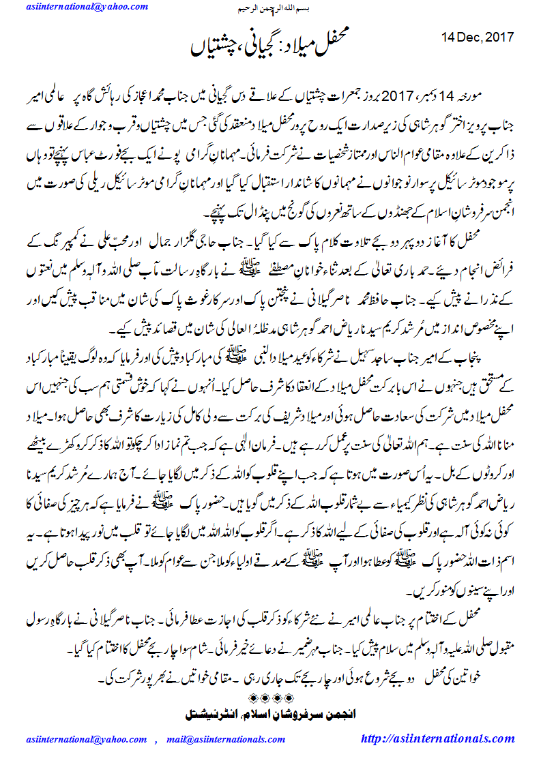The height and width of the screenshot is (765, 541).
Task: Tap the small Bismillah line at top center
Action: tap(270, 8)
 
